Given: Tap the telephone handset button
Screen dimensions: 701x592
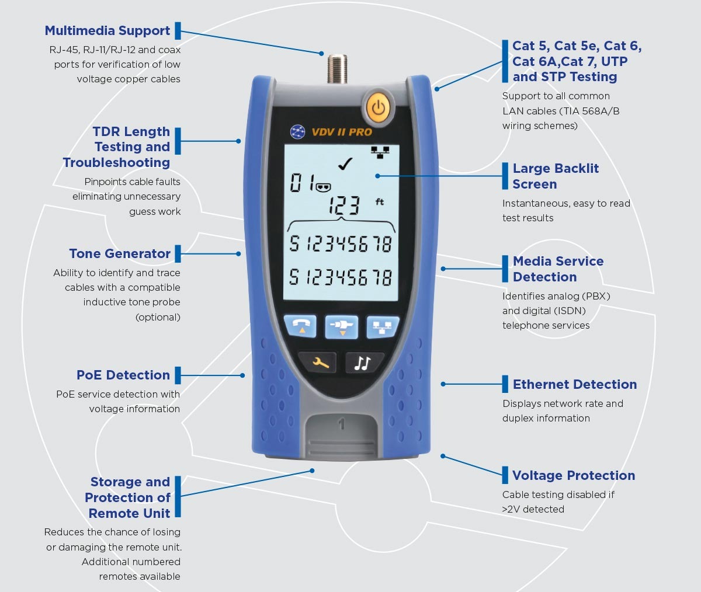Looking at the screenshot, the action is tap(300, 326).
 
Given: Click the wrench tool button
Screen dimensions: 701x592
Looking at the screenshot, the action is tap(317, 362).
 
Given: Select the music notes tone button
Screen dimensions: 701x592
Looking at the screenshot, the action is tap(363, 363).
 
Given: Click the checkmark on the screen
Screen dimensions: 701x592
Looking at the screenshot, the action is tap(345, 164).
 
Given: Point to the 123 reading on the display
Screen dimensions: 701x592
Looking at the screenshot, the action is tap(345, 206).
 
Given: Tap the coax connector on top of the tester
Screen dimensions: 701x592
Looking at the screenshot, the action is tap(337, 69).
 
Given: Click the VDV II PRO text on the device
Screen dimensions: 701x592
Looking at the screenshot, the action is tap(342, 132).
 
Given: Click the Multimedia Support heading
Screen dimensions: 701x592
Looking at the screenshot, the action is tap(107, 30).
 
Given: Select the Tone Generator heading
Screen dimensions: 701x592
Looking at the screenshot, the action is tap(120, 254).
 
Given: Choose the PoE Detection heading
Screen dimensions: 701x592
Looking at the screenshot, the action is tap(123, 375).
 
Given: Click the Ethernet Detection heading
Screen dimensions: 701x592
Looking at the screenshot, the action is tap(575, 384).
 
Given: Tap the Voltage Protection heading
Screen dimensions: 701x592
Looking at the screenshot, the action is tap(574, 476).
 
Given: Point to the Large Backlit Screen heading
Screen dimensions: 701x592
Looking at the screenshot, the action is tap(556, 176).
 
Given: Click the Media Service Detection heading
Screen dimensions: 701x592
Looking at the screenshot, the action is tap(558, 269).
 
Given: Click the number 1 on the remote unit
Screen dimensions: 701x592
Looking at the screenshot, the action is tap(341, 424).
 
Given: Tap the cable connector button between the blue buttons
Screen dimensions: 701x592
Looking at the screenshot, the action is tap(341, 326).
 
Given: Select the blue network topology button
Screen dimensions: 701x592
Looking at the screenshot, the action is tap(383, 326).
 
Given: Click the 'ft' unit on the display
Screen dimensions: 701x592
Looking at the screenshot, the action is tap(379, 201).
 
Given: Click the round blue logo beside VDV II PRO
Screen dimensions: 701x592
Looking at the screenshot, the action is tap(298, 131).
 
